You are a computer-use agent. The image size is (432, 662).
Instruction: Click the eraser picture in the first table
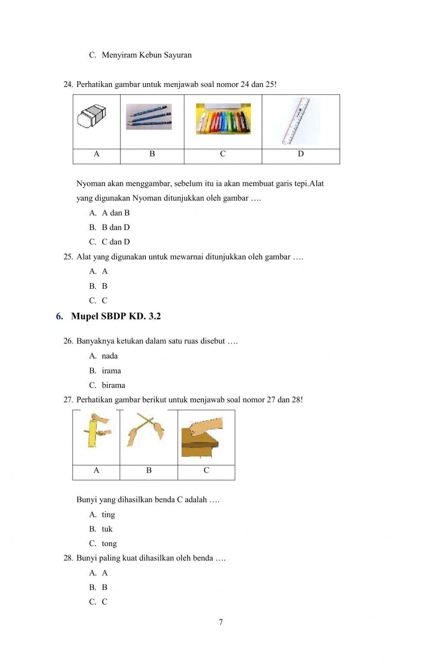click(x=92, y=116)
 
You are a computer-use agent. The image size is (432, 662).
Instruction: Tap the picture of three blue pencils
click(x=149, y=117)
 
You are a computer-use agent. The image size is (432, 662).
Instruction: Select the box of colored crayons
click(x=223, y=119)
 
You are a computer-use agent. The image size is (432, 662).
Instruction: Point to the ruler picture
click(x=297, y=121)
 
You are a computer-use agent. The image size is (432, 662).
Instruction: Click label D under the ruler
click(x=301, y=154)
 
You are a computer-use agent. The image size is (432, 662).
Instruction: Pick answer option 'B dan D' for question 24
click(x=115, y=227)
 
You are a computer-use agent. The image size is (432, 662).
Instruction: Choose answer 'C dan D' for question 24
click(x=115, y=242)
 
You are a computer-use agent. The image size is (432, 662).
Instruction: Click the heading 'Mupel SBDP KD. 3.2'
click(x=116, y=317)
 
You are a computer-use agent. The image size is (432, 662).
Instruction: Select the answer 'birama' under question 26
click(x=113, y=385)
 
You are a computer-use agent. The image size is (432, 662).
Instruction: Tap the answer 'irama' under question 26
click(x=111, y=371)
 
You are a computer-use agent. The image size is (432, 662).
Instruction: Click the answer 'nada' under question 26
click(x=110, y=356)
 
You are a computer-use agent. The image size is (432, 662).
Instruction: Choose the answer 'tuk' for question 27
click(x=107, y=529)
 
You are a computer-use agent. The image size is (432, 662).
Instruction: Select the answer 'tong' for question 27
click(x=109, y=544)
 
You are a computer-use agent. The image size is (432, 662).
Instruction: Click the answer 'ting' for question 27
click(x=108, y=515)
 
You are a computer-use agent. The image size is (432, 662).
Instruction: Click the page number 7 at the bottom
click(x=221, y=623)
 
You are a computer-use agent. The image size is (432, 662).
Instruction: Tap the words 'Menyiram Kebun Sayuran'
click(x=146, y=55)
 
